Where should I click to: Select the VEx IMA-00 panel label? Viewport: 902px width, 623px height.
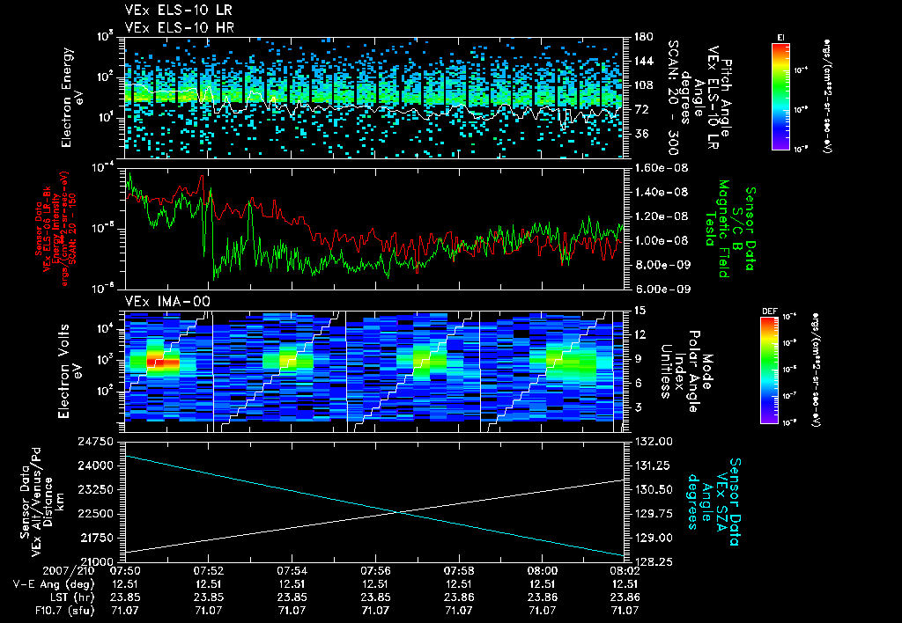click(157, 301)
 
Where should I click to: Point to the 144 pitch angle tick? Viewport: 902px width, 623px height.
click(636, 61)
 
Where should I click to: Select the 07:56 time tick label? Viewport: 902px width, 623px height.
click(375, 570)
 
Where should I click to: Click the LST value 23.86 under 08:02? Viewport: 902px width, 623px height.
click(625, 596)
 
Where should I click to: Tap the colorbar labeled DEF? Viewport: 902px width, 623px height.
click(780, 370)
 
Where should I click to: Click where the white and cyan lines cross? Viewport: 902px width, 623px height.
click(402, 512)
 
